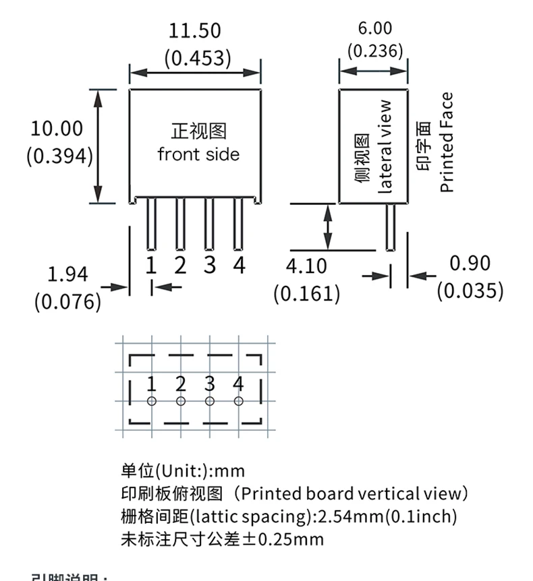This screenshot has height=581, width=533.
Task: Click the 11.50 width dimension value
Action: (194, 31)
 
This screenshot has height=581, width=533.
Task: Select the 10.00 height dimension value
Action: (57, 129)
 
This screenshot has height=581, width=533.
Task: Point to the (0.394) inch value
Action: (59, 156)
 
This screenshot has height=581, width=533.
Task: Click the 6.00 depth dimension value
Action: (374, 28)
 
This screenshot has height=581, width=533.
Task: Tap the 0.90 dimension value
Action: (470, 264)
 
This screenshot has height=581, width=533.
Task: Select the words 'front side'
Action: (198, 154)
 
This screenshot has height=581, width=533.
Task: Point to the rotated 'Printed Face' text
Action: (447, 142)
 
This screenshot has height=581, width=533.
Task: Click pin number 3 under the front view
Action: (210, 265)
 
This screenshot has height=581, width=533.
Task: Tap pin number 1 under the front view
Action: (151, 265)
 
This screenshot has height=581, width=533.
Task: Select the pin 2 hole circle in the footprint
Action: (180, 402)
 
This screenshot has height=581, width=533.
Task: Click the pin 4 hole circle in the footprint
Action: (238, 402)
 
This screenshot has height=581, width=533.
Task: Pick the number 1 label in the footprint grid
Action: (151, 384)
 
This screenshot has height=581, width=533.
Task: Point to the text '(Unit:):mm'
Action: (199, 470)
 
